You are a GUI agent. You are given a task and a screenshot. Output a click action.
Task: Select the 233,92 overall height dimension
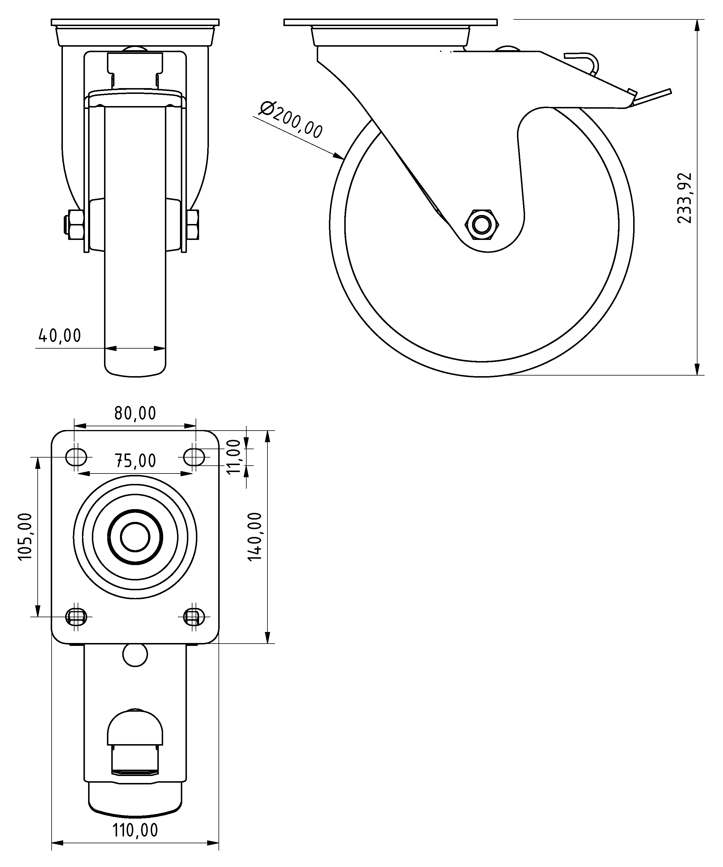coord(684,198)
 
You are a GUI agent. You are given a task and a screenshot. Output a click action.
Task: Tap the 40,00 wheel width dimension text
coord(60,336)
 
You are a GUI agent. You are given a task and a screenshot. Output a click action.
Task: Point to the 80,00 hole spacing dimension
coord(135,413)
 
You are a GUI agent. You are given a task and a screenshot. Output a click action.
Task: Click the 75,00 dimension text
coord(135,461)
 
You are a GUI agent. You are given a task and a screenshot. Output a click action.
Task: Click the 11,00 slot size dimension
coord(234,457)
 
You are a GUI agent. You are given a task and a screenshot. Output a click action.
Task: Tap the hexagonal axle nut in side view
coord(482,225)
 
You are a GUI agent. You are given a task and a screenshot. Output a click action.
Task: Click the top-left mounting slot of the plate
coord(77,457)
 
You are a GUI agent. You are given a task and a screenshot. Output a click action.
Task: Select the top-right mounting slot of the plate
coord(194,457)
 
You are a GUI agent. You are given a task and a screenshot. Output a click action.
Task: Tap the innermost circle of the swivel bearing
coord(135,537)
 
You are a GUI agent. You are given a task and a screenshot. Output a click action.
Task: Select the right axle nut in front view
coord(194,225)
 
